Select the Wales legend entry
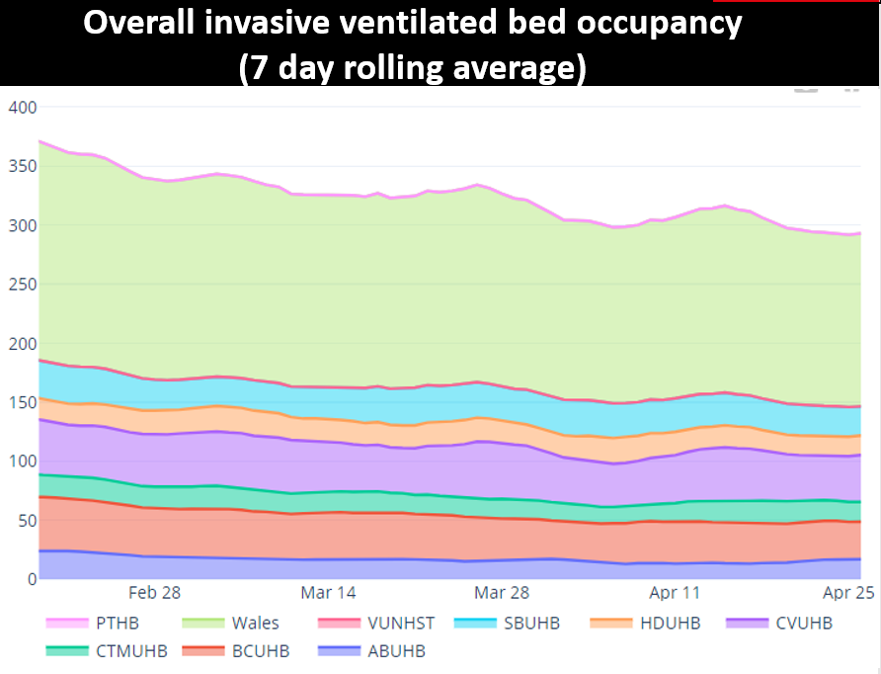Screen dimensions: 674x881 [255, 624]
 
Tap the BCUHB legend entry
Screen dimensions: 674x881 [262, 651]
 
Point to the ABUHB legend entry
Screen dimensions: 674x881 [396, 651]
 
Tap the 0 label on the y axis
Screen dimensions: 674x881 [30, 579]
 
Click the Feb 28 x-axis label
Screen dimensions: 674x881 [155, 593]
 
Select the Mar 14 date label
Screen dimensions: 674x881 [329, 593]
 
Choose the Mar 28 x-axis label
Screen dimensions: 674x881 [502, 593]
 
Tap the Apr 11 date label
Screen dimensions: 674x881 [675, 593]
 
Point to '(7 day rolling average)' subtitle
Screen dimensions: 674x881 [414, 67]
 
